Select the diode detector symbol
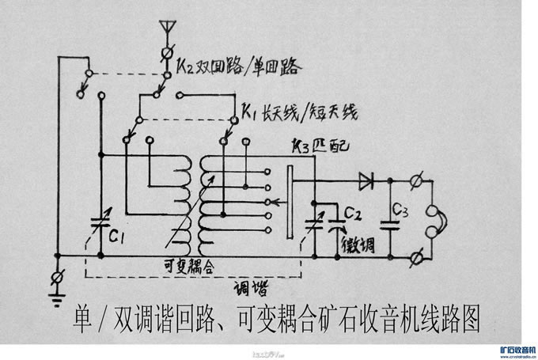pos(366,180)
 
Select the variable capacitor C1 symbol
pos(100,222)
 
